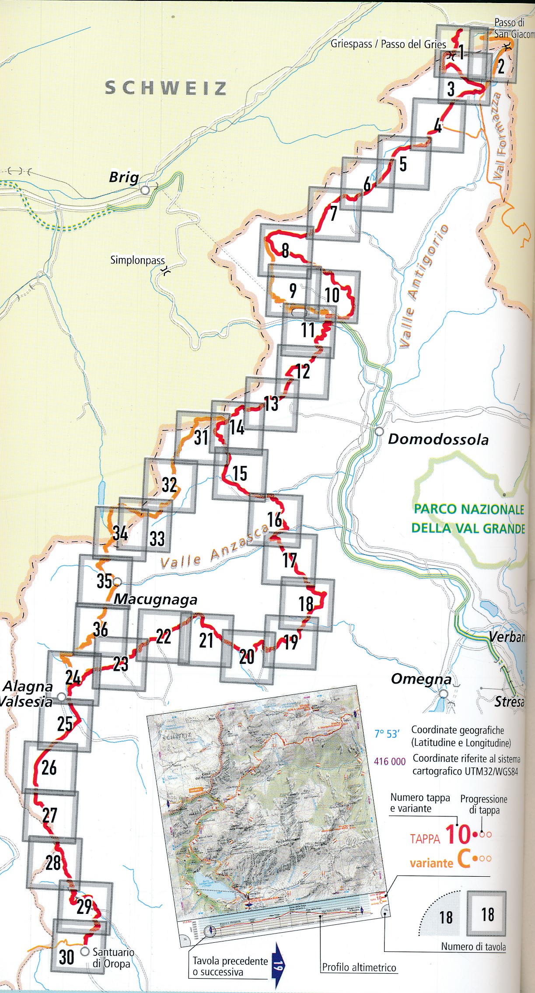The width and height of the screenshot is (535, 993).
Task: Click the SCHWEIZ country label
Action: pos(166,88)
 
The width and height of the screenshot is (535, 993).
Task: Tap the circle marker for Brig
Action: pos(145,190)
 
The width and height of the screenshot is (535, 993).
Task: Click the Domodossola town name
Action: pos(438,439)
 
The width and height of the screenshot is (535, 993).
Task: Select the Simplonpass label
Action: pos(137,260)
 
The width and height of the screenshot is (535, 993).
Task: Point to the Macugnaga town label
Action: pos(155,600)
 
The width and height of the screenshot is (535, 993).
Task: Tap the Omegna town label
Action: pos(421,679)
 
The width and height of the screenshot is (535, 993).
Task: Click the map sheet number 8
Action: pos(285,250)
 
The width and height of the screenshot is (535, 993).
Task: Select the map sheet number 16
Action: pos(275,520)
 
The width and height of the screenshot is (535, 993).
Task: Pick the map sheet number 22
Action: pos(164,637)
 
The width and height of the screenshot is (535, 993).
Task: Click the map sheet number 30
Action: pos(66,957)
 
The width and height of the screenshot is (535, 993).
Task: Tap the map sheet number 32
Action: pos(169,485)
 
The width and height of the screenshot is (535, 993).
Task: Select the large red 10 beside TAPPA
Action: pos(458,834)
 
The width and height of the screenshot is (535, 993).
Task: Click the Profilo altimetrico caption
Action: pos(359,967)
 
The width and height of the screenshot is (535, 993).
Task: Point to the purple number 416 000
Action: pos(390,761)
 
